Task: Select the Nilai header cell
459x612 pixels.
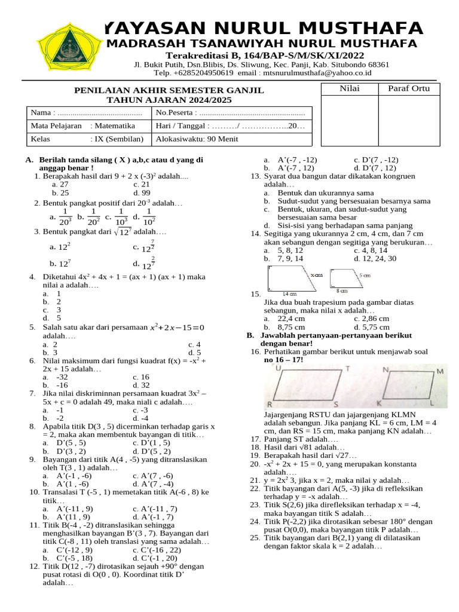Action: tap(350, 89)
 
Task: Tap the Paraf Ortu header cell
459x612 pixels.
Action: tap(413, 89)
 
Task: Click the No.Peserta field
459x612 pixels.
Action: tap(230, 112)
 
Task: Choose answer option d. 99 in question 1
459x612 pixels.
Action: tap(142, 193)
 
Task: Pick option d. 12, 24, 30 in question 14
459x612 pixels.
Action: tap(375, 259)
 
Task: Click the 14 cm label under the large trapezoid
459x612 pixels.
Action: tap(289, 293)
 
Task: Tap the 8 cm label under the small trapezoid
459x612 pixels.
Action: tap(342, 290)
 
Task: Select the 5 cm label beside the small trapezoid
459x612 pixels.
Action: tap(365, 276)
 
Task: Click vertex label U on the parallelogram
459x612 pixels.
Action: tap(279, 368)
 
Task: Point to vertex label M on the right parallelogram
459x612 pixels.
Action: tap(439, 372)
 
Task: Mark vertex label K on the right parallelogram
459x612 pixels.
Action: tap(379, 405)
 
